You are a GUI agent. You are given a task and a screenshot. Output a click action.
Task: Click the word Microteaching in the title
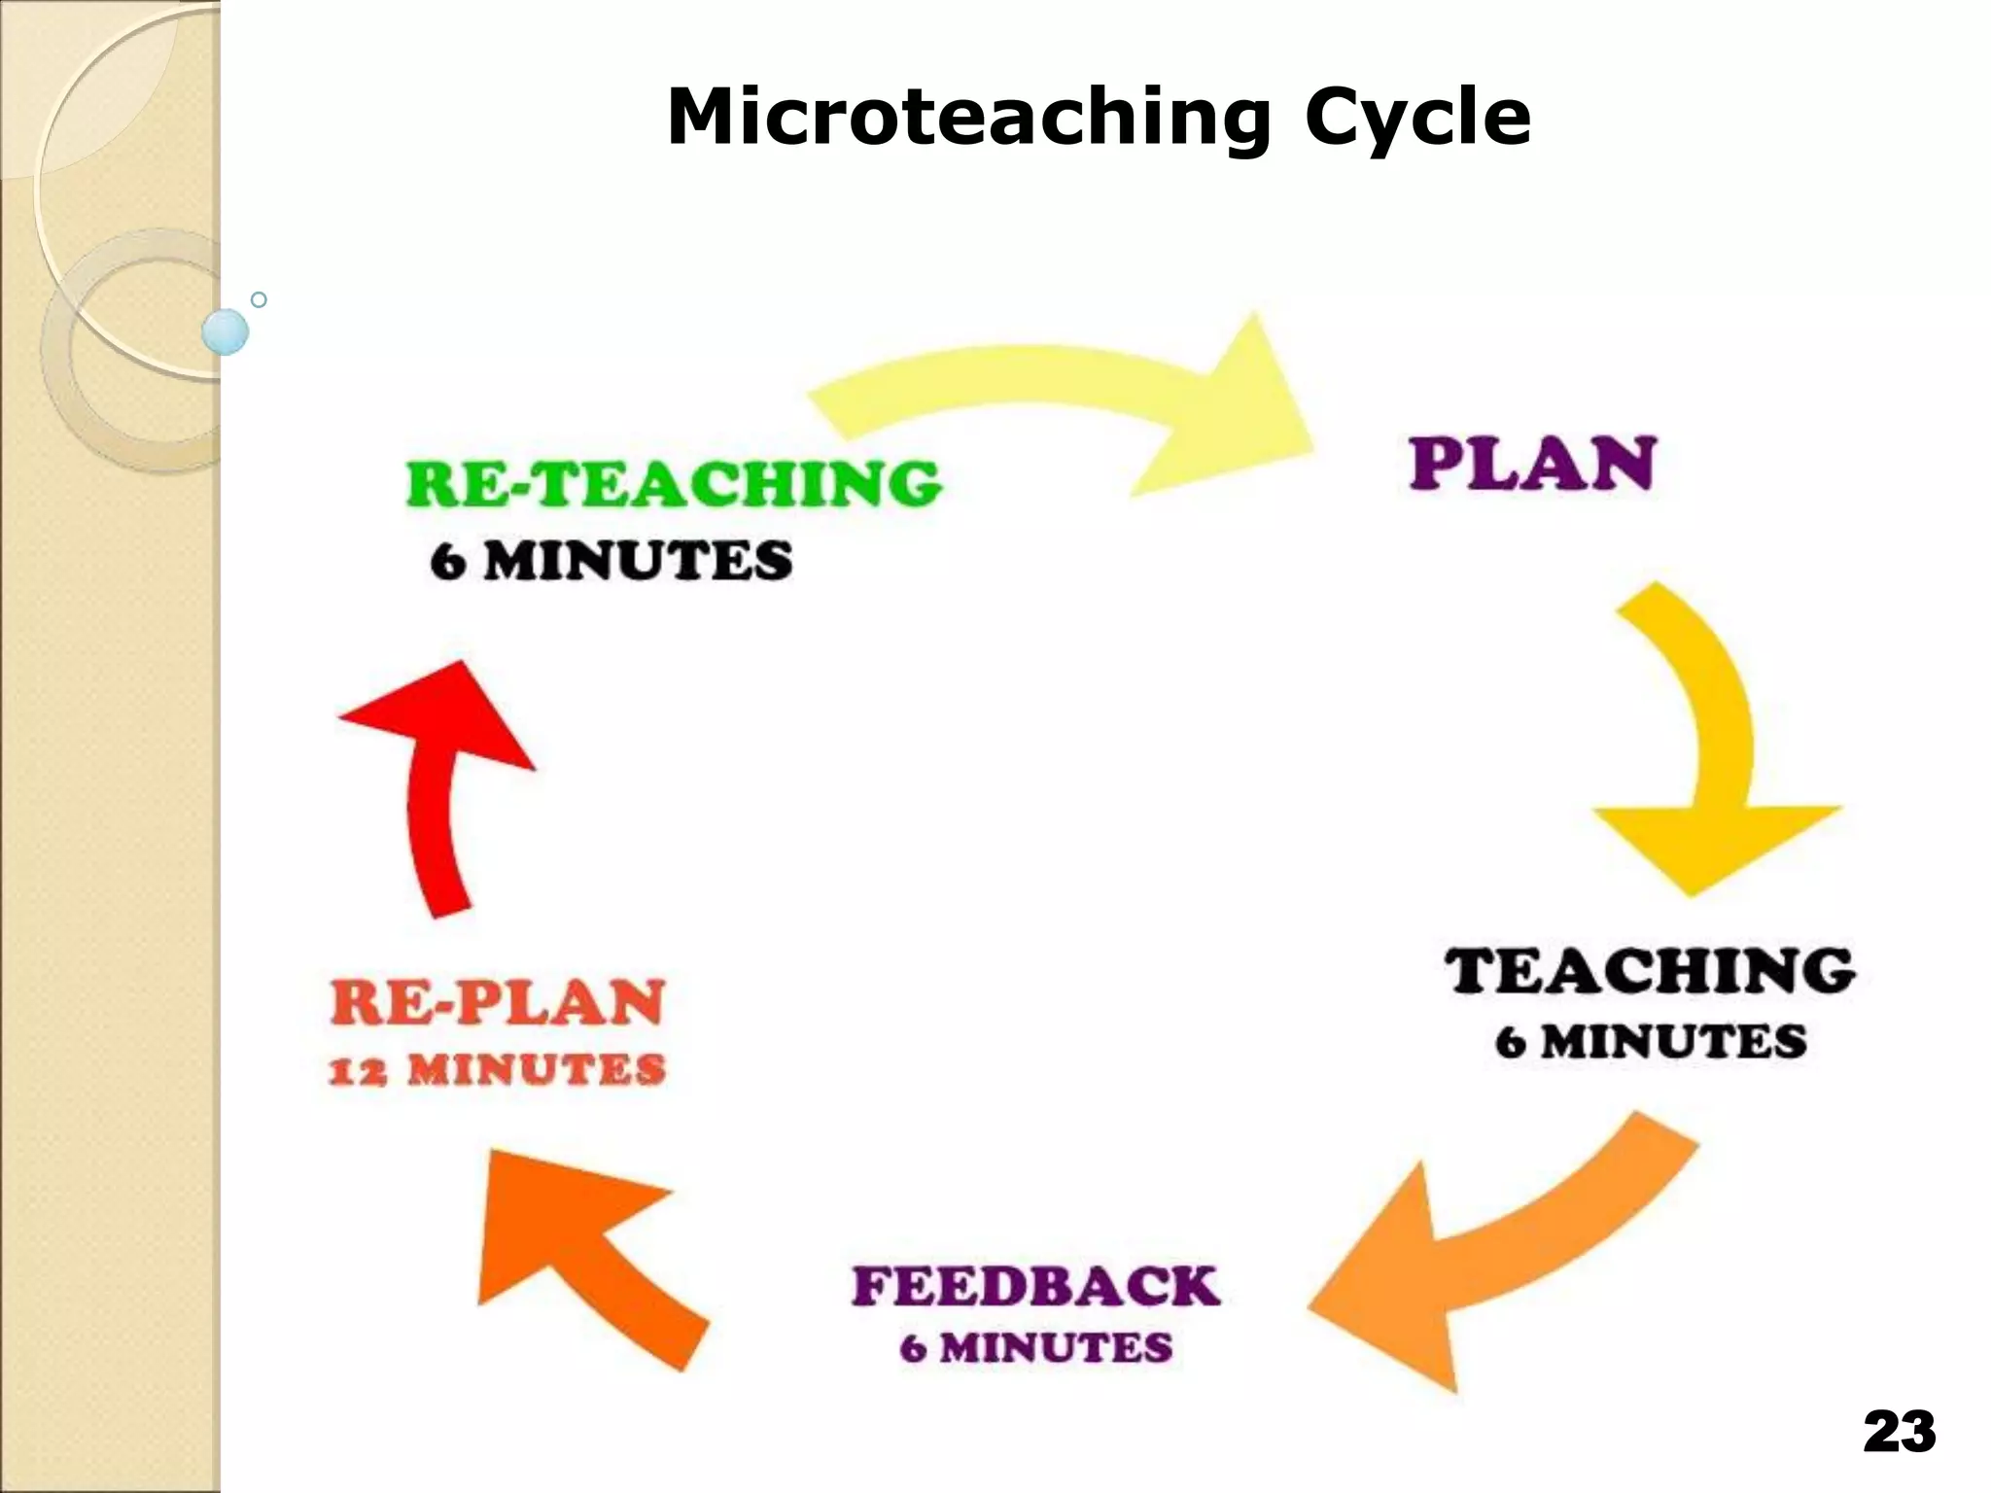coord(967,119)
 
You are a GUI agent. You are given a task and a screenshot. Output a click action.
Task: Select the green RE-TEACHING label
coord(674,483)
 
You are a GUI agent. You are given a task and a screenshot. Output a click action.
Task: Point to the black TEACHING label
coord(1650,970)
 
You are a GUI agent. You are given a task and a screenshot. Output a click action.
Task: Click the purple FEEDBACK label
coord(1035,1287)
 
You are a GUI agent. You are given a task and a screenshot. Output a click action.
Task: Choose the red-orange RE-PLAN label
coord(497,1003)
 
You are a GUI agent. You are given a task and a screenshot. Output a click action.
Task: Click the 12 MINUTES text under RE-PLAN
coord(497,1071)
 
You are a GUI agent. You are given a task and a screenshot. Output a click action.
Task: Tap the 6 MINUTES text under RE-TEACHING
coord(611,562)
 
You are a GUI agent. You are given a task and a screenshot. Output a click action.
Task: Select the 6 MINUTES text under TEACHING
coord(1651,1042)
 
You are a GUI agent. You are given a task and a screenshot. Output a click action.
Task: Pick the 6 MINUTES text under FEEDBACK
coord(1035,1348)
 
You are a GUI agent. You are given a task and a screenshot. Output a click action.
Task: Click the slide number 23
coord(1899,1432)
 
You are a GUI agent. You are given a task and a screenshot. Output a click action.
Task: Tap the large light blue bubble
coord(226,331)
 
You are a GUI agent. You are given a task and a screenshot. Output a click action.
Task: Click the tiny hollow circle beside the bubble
coord(259,299)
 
